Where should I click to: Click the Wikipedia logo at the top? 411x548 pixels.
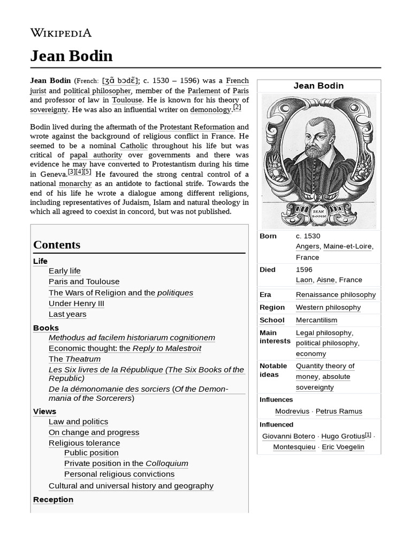(60, 33)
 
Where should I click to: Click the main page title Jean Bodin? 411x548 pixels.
(71, 56)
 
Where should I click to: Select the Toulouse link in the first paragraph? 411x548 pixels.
(127, 100)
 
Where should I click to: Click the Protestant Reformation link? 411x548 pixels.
(197, 127)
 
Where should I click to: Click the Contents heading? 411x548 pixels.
(57, 245)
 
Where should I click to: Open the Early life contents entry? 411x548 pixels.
(65, 271)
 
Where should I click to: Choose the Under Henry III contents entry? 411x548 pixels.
(76, 303)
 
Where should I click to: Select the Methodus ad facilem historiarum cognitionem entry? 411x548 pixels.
(132, 338)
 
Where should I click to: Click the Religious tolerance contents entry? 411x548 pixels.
(84, 443)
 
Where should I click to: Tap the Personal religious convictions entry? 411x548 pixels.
(119, 474)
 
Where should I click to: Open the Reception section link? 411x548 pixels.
(53, 499)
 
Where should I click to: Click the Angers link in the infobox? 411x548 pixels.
(307, 246)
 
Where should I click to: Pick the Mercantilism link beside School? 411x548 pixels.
(316, 320)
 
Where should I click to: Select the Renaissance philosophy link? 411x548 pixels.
(336, 294)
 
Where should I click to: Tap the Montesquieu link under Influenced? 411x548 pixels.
(294, 447)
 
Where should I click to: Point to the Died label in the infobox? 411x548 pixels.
(267, 270)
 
